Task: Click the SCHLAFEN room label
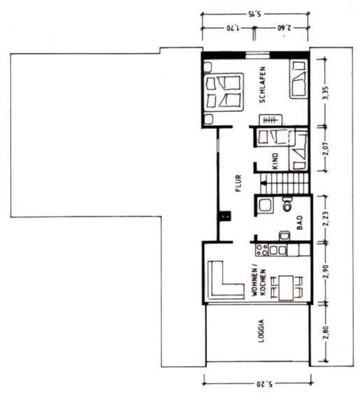(262, 85)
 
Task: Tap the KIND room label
(275, 161)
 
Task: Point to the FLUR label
(238, 183)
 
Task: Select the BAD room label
(300, 222)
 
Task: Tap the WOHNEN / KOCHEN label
(259, 282)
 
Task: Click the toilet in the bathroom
(287, 203)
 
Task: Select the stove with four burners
(262, 250)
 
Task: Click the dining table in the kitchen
(286, 287)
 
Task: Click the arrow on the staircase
(264, 183)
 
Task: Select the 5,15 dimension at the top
(254, 14)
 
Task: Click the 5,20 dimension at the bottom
(264, 384)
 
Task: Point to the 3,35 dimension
(326, 93)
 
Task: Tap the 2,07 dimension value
(326, 148)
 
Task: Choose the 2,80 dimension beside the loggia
(326, 333)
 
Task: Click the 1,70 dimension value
(233, 27)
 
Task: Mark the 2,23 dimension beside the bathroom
(326, 219)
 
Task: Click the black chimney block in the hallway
(225, 216)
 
